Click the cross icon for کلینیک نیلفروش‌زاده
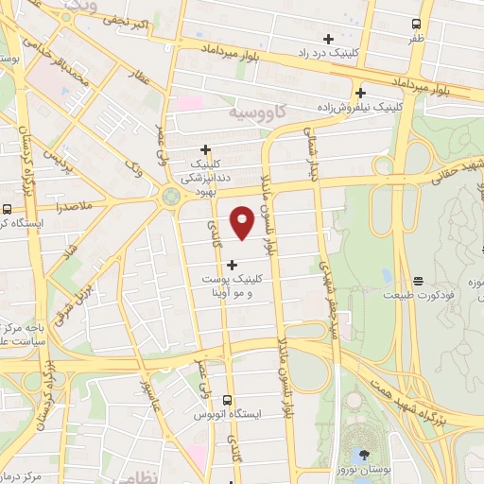point(360,93)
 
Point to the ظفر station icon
point(417,24)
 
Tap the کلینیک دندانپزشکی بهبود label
point(206,171)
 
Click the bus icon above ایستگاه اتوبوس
point(228,401)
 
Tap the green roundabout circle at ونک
point(171,197)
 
